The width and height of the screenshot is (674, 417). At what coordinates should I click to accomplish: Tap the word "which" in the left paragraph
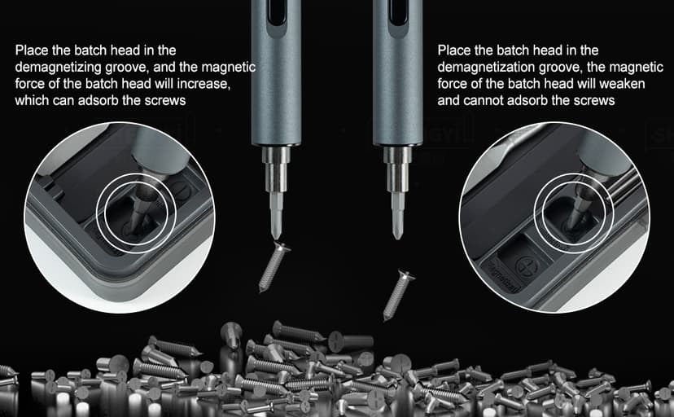click(31, 101)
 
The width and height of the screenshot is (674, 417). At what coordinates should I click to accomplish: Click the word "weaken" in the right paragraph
click(584, 84)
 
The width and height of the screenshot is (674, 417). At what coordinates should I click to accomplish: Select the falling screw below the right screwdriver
click(398, 293)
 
